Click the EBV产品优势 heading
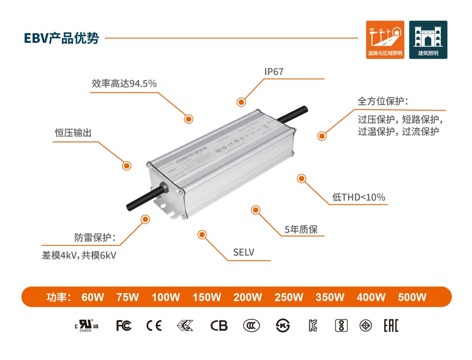[x=62, y=38]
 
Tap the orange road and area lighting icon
[x=385, y=39]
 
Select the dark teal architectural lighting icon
[x=428, y=39]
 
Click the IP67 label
[x=274, y=72]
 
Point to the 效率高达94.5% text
[x=124, y=84]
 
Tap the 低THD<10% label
[x=359, y=197]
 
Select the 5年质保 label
[x=301, y=229]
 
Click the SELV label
[x=243, y=252]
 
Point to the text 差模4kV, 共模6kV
[x=79, y=255]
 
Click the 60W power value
[x=93, y=297]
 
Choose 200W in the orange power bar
[x=248, y=297]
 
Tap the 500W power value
[x=412, y=297]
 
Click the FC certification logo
[x=124, y=326]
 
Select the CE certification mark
[x=154, y=326]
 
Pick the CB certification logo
[x=219, y=326]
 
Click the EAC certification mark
[x=391, y=326]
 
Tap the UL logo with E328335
[x=86, y=326]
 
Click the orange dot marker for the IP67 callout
[x=241, y=102]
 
